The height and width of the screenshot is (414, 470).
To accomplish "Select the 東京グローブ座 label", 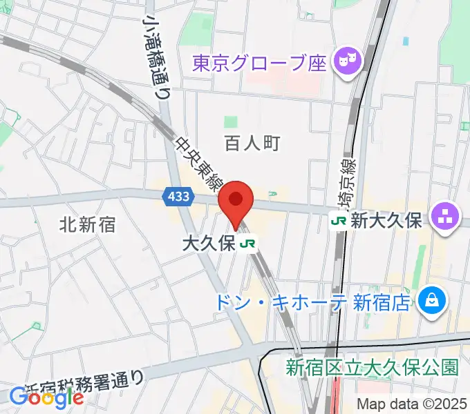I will (258, 63).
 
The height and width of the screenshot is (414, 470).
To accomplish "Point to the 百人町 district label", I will (252, 143).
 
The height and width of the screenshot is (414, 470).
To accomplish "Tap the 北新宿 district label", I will (87, 224).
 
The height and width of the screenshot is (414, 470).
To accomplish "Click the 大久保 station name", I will (208, 244).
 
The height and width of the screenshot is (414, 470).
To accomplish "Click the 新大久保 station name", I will (386, 221).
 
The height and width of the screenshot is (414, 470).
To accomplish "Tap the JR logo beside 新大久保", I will (339, 221).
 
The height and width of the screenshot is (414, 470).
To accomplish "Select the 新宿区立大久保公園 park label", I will (372, 367).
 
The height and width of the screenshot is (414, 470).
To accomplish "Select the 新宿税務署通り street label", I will (85, 384).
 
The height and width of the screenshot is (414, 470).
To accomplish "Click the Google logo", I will (46, 397).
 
